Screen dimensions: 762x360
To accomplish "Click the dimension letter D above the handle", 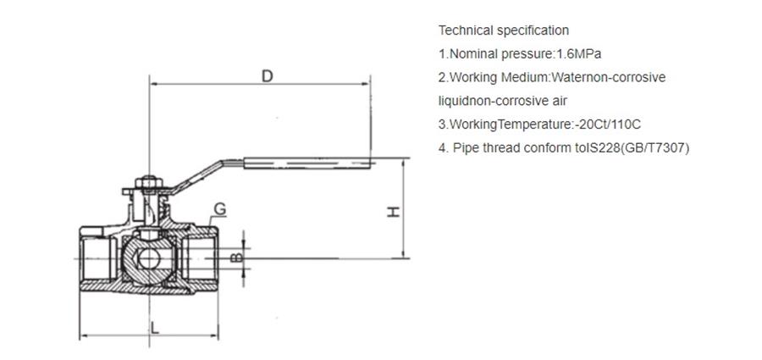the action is pos(268,76).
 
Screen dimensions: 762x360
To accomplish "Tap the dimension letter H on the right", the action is pos(393,212).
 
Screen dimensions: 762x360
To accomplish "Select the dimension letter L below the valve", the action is pos(155,328).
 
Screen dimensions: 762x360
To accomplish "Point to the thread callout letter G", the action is pos(219,209).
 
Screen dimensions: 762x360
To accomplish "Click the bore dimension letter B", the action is pos(236,257).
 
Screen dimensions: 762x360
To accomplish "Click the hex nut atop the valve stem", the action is pos(149,183).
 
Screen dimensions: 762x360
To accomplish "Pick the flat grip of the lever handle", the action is pos(306,163).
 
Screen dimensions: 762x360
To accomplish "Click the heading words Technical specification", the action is pos(504,30).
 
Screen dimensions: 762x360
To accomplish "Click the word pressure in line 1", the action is pos(527,54).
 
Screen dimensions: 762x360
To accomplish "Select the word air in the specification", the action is pos(559,101).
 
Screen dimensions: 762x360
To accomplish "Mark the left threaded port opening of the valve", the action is pos(97,258).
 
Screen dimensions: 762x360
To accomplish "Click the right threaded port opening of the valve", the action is pos(200,258).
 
